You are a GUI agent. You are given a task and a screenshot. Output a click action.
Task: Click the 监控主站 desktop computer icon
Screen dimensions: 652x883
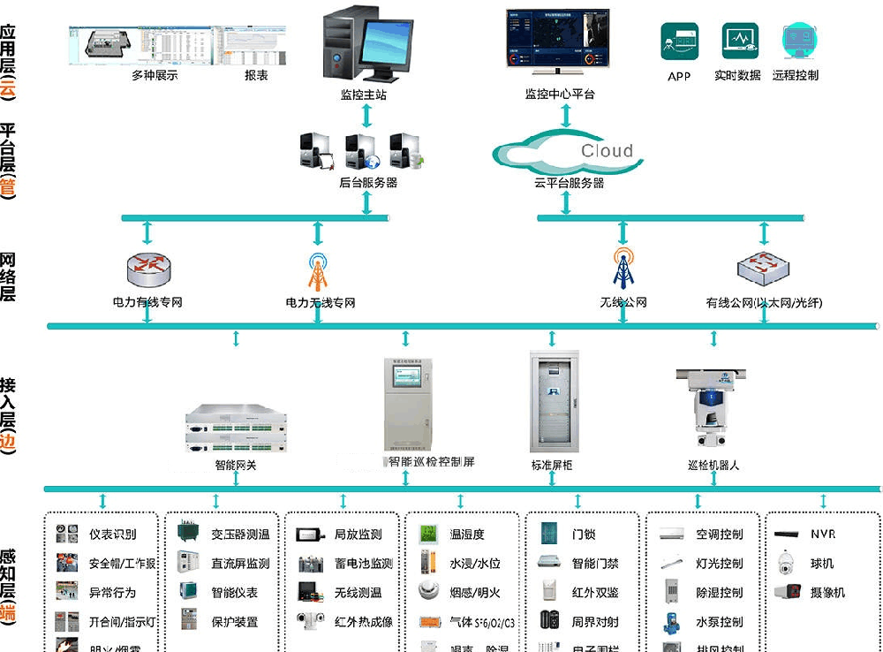coord(364,43)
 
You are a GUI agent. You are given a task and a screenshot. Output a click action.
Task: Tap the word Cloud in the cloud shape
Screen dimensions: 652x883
coord(607,151)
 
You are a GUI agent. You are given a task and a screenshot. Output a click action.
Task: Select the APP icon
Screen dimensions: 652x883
coord(679,42)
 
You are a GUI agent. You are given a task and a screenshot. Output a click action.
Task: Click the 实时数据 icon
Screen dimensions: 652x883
coord(739,42)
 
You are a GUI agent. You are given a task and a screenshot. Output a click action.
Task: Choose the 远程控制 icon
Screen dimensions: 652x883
coord(797,42)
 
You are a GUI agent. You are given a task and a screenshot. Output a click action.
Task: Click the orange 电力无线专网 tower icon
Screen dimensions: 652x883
coord(318,272)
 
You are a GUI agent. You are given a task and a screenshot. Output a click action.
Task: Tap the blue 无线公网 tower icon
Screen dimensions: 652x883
coord(623,269)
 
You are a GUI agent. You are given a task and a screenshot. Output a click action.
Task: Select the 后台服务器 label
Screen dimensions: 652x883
coord(368,183)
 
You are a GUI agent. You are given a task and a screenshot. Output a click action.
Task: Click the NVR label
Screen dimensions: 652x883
coord(823,534)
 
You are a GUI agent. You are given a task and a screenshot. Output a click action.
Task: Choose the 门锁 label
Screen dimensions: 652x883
coord(584,534)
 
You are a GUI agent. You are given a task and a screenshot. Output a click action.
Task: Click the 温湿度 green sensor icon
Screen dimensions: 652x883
coord(428,534)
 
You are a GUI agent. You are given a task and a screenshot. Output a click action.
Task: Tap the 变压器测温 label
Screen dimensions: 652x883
coord(240,534)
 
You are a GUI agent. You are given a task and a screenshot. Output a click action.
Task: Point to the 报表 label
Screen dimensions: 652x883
coord(256,76)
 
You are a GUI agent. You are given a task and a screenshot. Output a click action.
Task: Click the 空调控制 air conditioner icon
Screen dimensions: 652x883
coord(672,534)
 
